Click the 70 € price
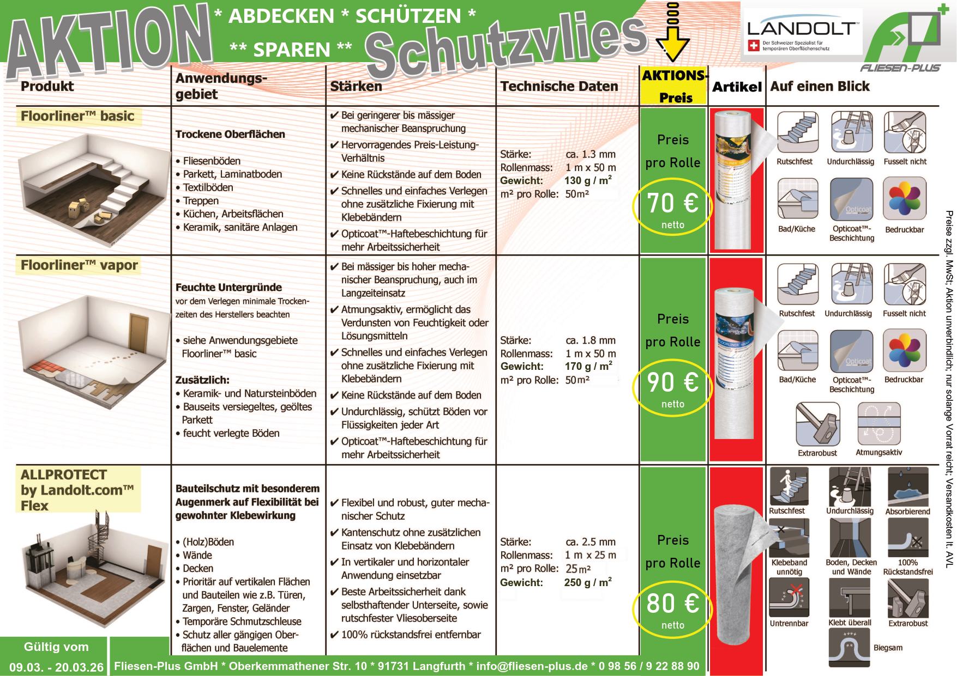click(x=672, y=204)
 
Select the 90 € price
click(x=672, y=382)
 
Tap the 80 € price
click(x=672, y=604)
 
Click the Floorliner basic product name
click(x=77, y=116)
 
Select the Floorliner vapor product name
click(x=79, y=265)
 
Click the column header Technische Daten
click(x=559, y=86)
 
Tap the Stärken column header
click(x=356, y=86)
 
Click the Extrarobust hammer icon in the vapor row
click(x=817, y=424)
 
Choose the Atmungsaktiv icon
click(x=878, y=424)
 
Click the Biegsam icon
click(x=849, y=648)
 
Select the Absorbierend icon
click(x=907, y=486)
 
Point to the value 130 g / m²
click(x=588, y=180)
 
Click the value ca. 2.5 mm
click(x=591, y=542)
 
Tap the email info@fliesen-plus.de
click(x=532, y=666)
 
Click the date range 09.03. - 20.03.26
click(x=56, y=667)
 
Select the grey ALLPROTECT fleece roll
click(x=736, y=572)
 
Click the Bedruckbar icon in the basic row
click(x=905, y=198)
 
